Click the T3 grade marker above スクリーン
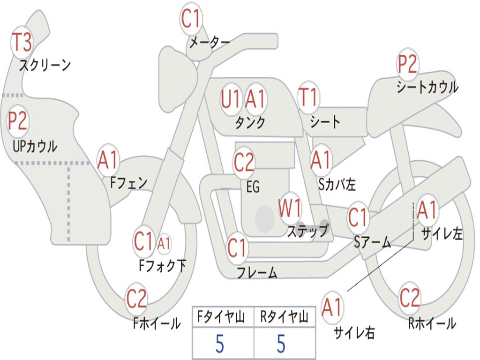[22, 42]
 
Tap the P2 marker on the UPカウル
[18, 121]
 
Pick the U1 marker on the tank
[231, 99]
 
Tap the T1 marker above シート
[308, 98]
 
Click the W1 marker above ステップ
[290, 208]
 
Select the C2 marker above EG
[244, 163]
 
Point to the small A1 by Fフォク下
[164, 243]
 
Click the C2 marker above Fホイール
[136, 299]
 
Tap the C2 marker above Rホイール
[410, 297]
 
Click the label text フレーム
[257, 272]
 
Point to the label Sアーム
[372, 242]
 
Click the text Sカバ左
[337, 184]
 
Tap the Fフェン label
[129, 182]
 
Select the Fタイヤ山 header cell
[223, 318]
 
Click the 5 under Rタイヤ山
[281, 344]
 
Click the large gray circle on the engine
[264, 218]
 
